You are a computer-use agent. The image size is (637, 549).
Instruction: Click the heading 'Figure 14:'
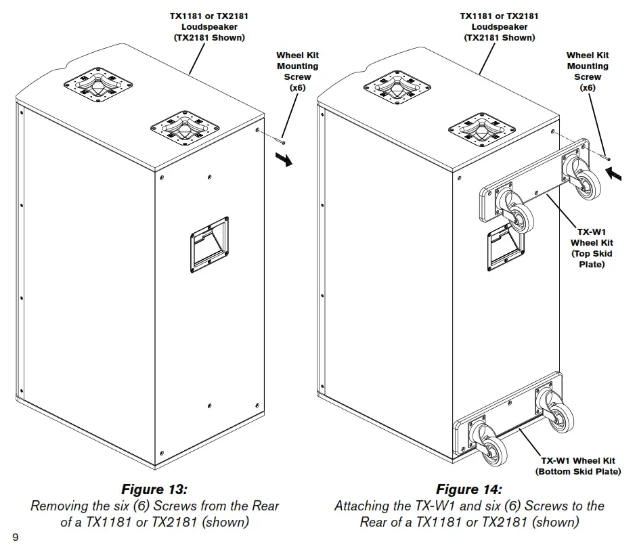pyautogui.click(x=469, y=489)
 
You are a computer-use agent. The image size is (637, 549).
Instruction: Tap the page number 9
pyautogui.click(x=15, y=537)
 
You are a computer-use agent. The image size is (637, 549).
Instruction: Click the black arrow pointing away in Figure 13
pyautogui.click(x=287, y=160)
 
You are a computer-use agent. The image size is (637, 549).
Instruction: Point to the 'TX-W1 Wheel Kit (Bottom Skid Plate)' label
pyautogui.click(x=578, y=466)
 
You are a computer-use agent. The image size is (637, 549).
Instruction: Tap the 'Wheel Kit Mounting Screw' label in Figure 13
pyautogui.click(x=297, y=72)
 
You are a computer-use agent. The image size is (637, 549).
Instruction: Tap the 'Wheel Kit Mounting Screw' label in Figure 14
pyautogui.click(x=588, y=72)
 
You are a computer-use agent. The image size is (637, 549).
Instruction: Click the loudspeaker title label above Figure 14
pyautogui.click(x=499, y=26)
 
